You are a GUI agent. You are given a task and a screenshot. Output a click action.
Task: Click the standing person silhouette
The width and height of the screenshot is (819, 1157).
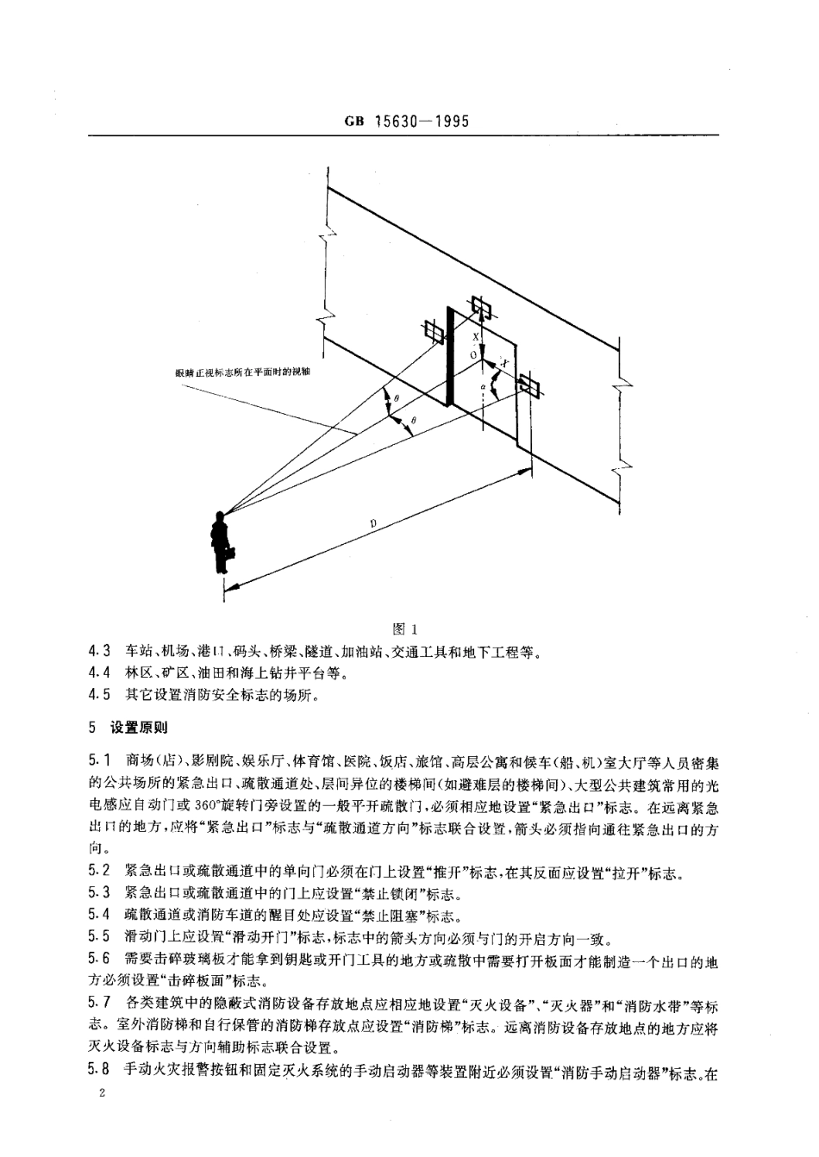tap(222, 542)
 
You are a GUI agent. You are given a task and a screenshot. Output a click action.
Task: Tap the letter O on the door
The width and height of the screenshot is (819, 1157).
tap(472, 353)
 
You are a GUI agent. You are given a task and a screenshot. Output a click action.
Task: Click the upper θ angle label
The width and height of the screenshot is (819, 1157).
tap(396, 397)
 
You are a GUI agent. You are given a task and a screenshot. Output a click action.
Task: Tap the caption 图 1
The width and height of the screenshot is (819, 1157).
tap(404, 628)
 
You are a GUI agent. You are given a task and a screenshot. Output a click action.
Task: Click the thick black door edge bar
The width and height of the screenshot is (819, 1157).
tap(448, 356)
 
